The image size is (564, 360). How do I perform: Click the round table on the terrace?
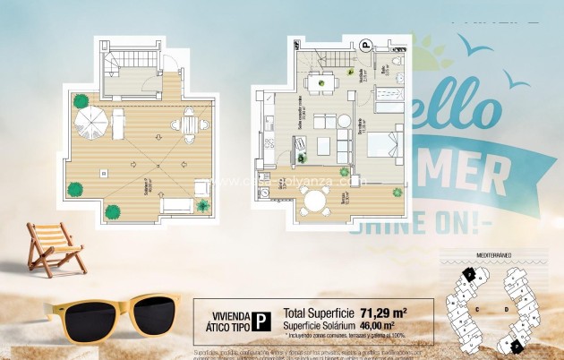tap(315, 203)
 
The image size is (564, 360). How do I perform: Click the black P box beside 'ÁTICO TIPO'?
tap(260, 321)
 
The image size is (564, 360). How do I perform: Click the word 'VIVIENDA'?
tap(227, 314)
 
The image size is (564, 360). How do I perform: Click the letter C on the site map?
tap(480, 309)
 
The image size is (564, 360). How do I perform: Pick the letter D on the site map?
tap(507, 309)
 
